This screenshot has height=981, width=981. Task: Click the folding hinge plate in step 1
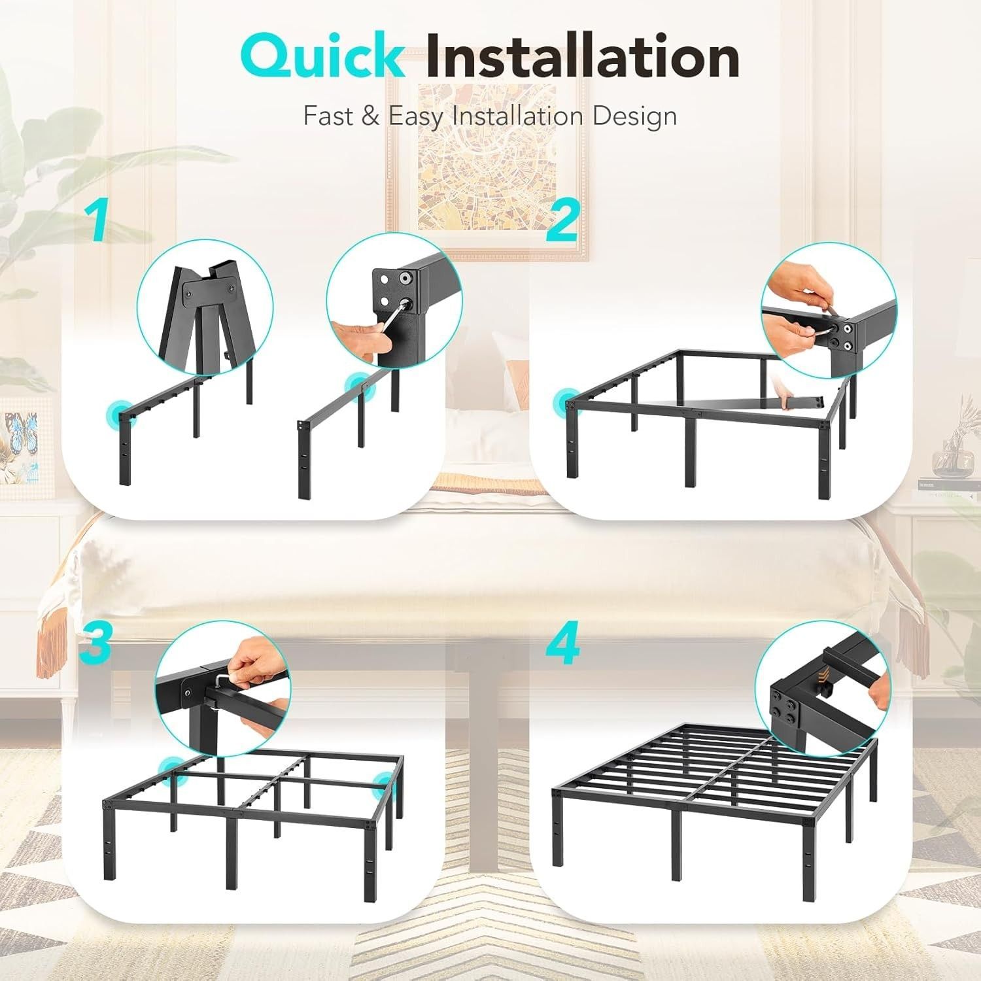(x=207, y=295)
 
